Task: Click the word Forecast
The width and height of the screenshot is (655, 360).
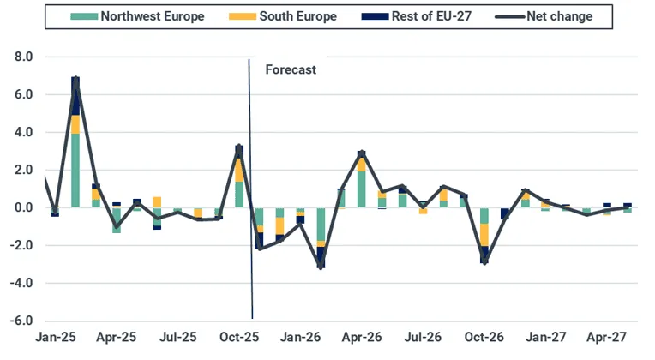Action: tap(291, 70)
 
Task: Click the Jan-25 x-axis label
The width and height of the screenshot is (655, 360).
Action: tap(55, 338)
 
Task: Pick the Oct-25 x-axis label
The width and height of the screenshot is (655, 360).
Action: tap(240, 338)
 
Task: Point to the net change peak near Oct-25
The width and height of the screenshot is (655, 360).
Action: tap(239, 147)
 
